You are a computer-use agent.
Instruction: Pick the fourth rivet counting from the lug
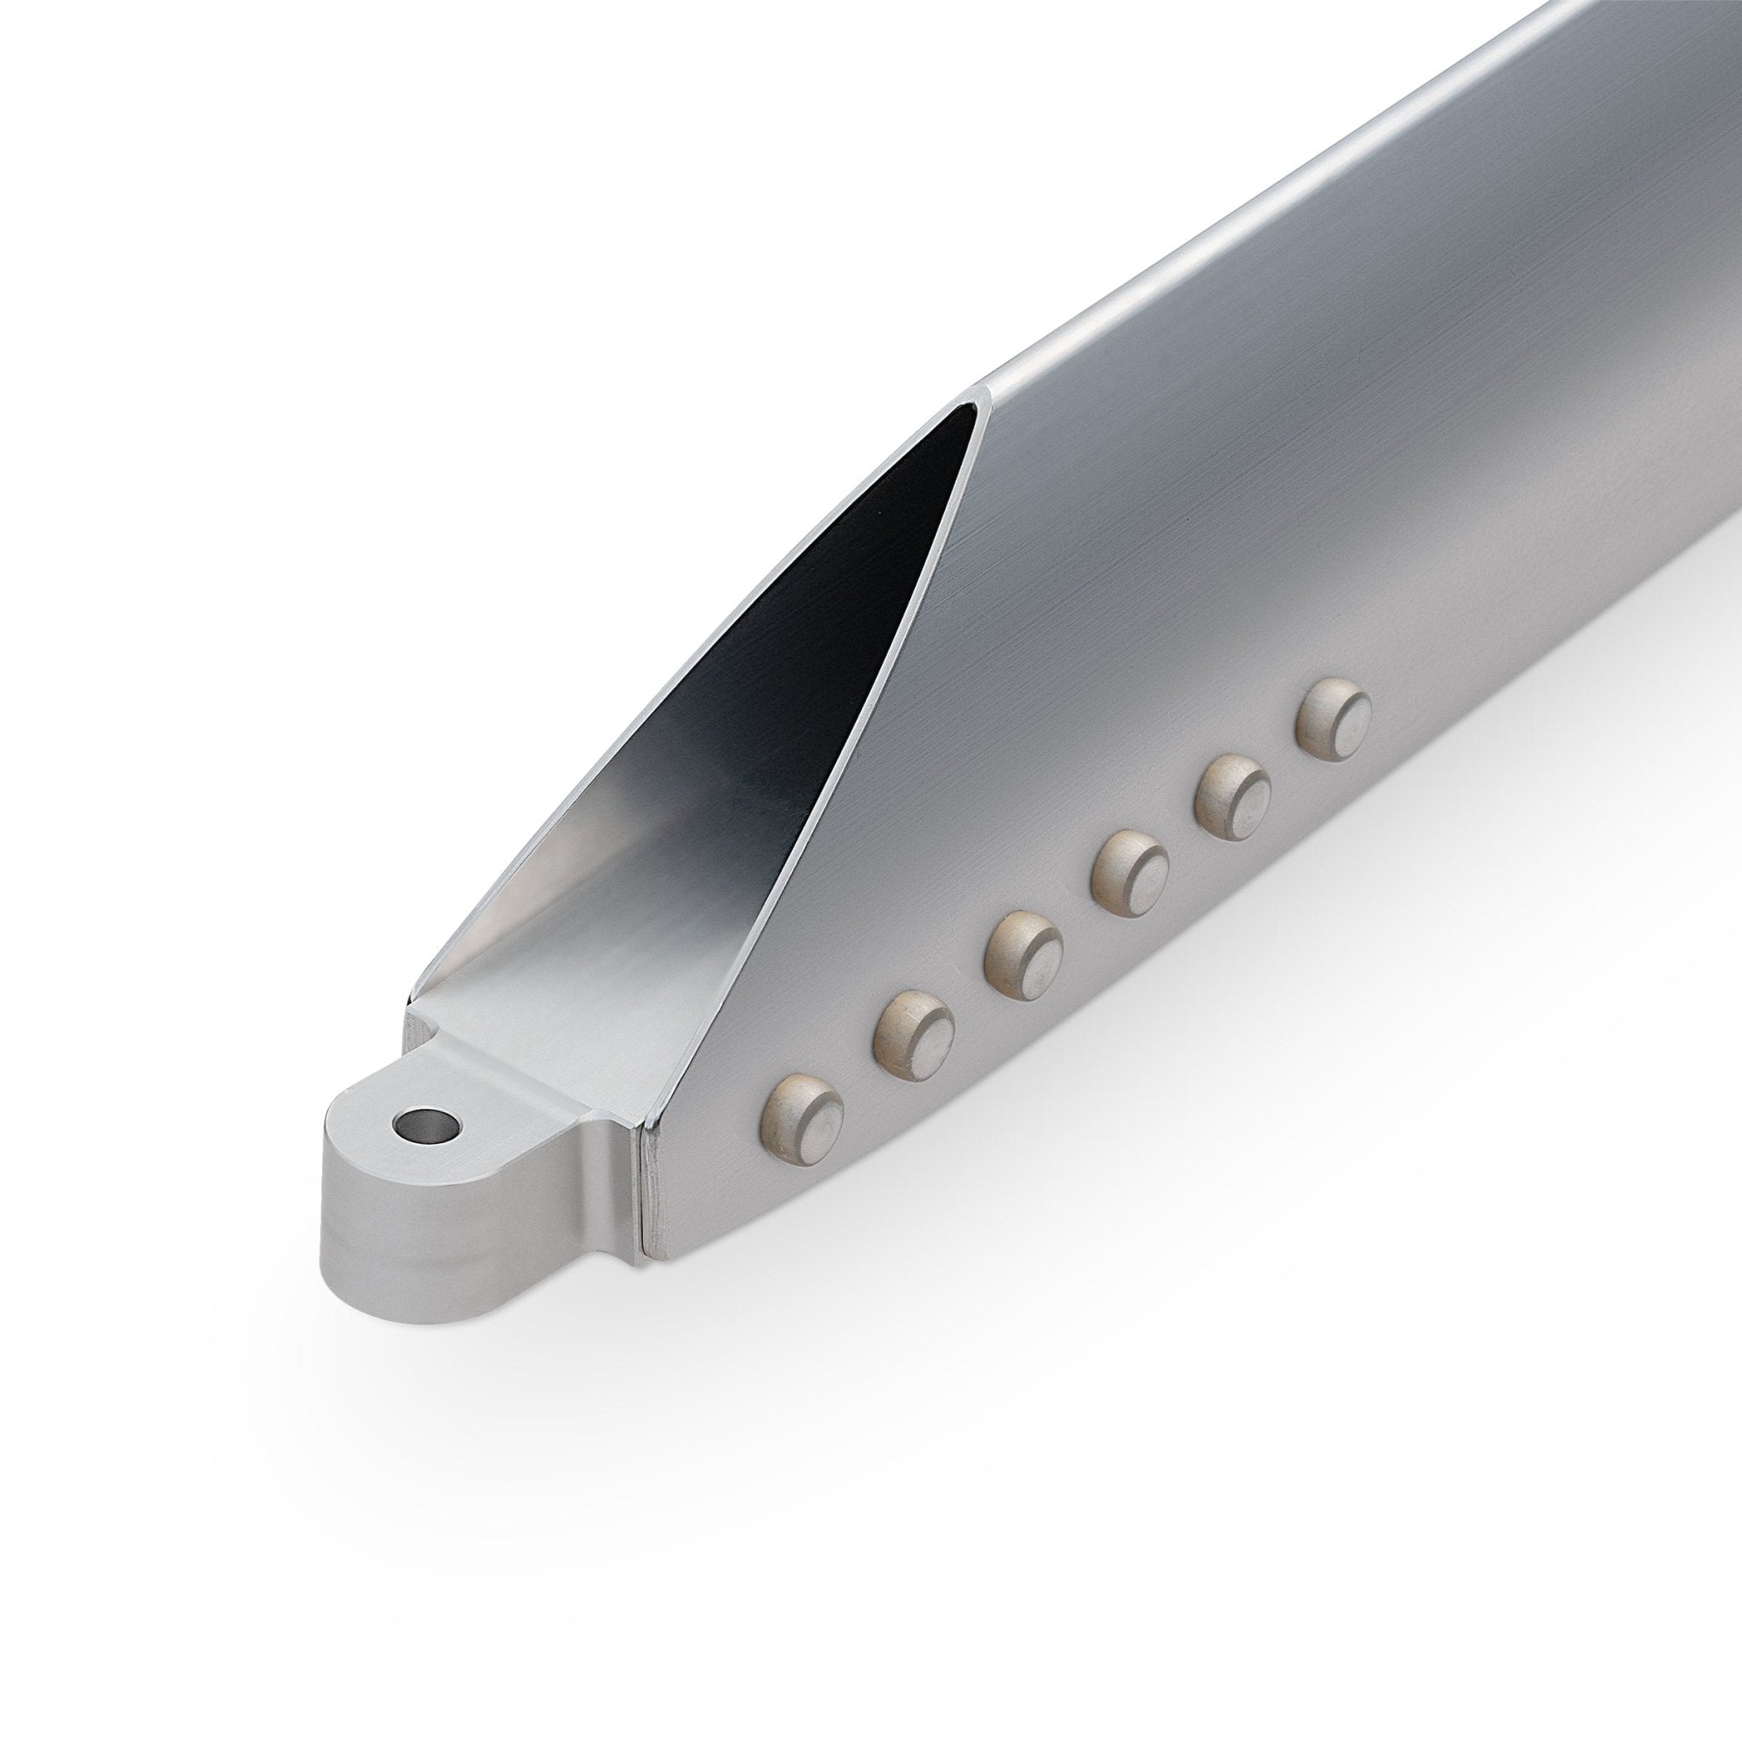[1130, 871]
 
